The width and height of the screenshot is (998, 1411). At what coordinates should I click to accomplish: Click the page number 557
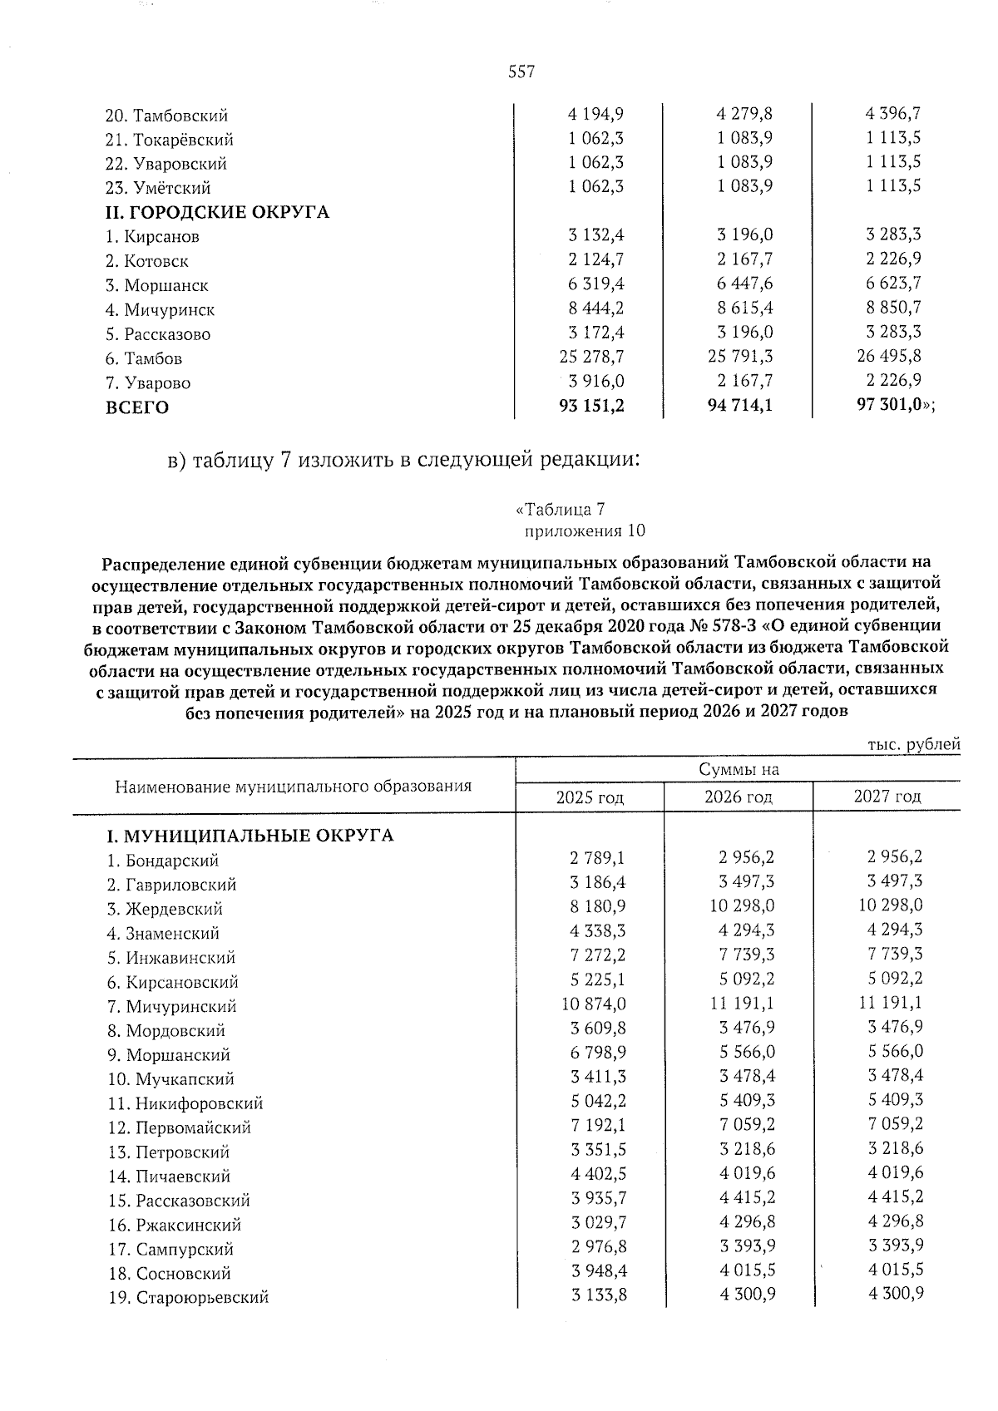pos(521,72)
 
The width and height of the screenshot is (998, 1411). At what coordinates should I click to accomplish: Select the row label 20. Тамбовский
pos(167,116)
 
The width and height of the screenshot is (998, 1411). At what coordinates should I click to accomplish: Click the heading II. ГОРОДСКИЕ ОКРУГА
pos(217,212)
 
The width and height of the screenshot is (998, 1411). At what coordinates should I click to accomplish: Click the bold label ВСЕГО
pos(137,407)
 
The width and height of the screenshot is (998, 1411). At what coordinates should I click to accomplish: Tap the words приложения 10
pos(584,531)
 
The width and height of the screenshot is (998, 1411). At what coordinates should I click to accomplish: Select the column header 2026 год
pos(738,797)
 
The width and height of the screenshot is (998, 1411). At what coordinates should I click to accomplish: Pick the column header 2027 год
pos(887,797)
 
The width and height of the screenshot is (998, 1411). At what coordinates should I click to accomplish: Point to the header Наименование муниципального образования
pos(293,786)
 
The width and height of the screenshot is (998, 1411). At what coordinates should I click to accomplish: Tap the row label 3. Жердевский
pos(165,909)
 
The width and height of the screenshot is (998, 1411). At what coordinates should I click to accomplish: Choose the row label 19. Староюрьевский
pos(188,1298)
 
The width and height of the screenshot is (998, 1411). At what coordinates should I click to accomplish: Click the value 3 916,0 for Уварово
pos(596,382)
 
